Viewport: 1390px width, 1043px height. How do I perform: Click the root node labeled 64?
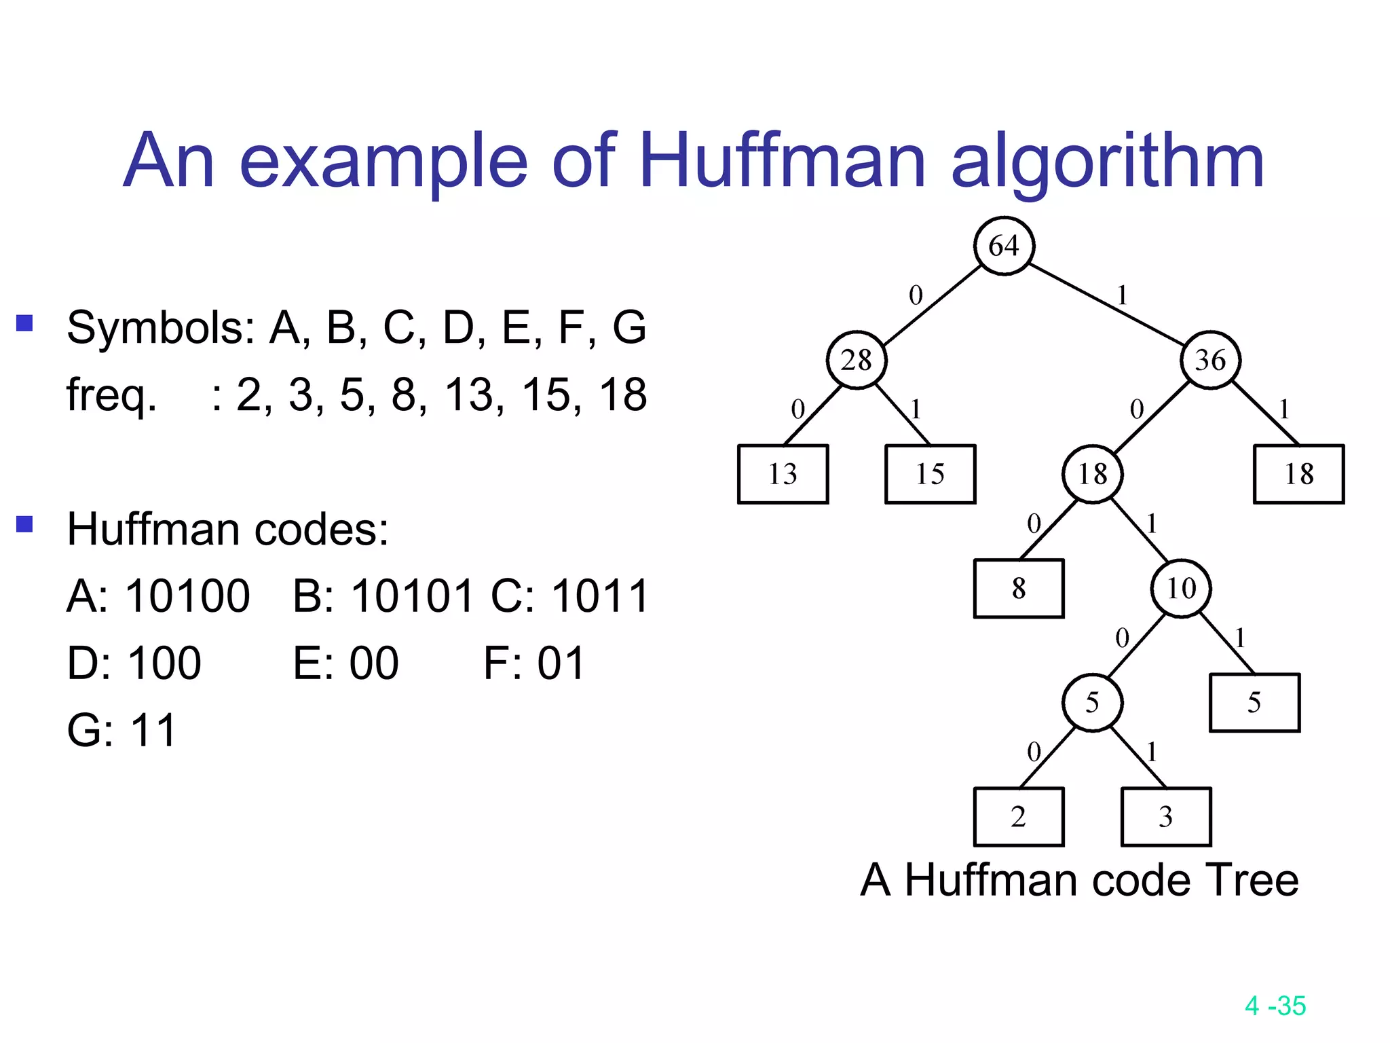pyautogui.click(x=1004, y=246)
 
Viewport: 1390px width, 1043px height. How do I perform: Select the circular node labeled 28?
pyautogui.click(x=857, y=360)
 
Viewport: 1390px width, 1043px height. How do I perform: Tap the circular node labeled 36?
pyautogui.click(x=1211, y=360)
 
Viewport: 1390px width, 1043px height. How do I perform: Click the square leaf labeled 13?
pyautogui.click(x=783, y=474)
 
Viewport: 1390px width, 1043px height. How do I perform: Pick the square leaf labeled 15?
pyautogui.click(x=930, y=474)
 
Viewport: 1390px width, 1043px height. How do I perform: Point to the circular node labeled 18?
pyautogui.click(x=1093, y=474)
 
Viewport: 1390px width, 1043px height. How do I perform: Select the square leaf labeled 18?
pyautogui.click(x=1298, y=474)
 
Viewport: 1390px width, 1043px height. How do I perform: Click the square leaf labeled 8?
pyautogui.click(x=1019, y=588)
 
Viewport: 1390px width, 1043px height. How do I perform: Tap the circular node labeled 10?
pyautogui.click(x=1181, y=588)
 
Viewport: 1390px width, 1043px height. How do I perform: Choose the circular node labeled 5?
pyautogui.click(x=1093, y=702)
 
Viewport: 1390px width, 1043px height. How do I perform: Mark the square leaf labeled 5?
pyautogui.click(x=1254, y=702)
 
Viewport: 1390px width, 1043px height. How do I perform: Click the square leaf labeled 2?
pyautogui.click(x=1019, y=816)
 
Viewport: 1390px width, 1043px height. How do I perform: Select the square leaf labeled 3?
pyautogui.click(x=1166, y=816)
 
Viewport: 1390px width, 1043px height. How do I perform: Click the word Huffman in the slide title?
pyautogui.click(x=782, y=162)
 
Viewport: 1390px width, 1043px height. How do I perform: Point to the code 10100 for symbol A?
pyautogui.click(x=187, y=596)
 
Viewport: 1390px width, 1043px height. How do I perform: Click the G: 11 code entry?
pyautogui.click(x=122, y=731)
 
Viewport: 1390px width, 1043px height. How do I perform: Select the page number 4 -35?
pyautogui.click(x=1275, y=1006)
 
